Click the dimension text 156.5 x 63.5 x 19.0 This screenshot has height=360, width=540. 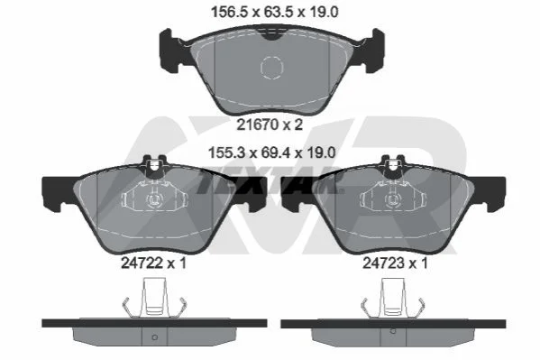(x=274, y=12)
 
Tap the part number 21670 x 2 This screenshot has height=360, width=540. (x=270, y=125)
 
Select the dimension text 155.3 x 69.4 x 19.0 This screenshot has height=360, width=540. (x=271, y=152)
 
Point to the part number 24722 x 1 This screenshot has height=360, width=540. (x=153, y=263)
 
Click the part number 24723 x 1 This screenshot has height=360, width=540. (x=395, y=263)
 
